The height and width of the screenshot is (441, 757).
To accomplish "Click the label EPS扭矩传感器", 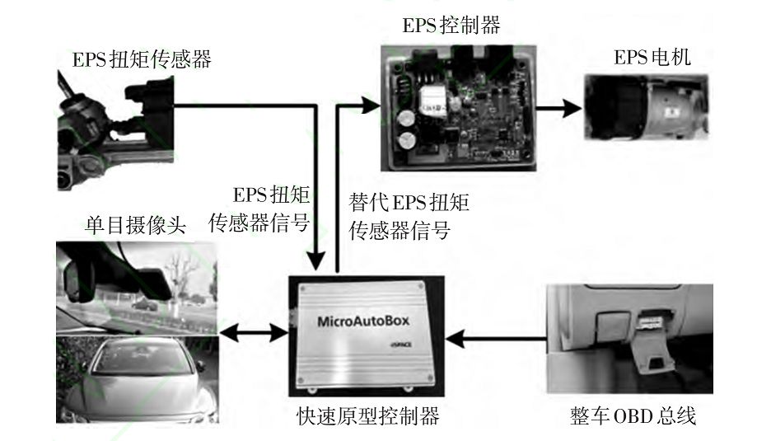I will click(x=143, y=59).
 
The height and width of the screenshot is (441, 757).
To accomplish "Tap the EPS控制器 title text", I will click(x=451, y=26).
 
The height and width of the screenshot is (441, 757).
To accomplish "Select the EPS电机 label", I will click(x=652, y=58).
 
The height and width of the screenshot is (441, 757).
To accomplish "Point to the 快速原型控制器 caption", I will click(x=368, y=416).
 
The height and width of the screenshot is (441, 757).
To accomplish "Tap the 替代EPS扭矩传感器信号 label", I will click(x=409, y=215).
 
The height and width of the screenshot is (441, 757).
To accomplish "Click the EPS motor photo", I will click(x=646, y=105).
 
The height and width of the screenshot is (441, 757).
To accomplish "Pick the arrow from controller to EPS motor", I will click(x=556, y=106).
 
